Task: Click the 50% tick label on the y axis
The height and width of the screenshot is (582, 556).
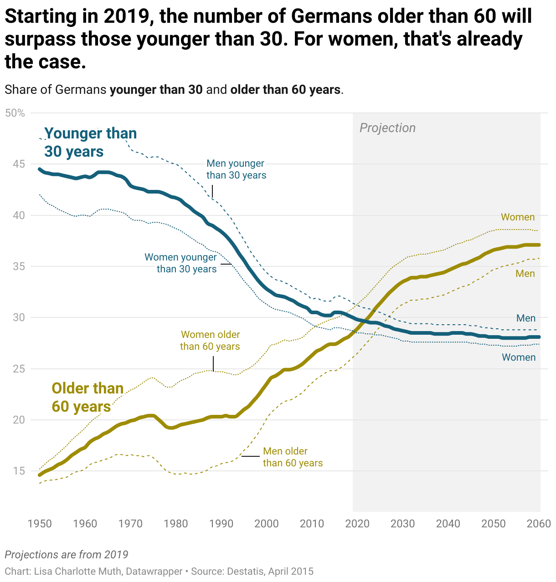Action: [15, 113]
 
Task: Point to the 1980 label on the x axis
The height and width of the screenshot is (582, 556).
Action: [176, 524]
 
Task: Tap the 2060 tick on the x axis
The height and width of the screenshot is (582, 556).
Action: [539, 524]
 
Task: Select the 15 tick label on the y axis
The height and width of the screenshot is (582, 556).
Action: [19, 471]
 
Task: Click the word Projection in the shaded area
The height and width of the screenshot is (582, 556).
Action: [387, 128]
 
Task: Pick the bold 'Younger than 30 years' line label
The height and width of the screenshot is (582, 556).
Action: [90, 142]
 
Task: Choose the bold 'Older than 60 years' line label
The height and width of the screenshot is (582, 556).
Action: [88, 397]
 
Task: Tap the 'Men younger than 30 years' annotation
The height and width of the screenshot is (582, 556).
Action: [236, 169]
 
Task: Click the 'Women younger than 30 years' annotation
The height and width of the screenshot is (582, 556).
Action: [181, 263]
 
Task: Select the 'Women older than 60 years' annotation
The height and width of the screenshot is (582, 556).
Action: [210, 341]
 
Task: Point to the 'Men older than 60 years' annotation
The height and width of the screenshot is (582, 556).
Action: [293, 457]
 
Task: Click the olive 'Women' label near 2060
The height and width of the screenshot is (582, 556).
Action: [518, 217]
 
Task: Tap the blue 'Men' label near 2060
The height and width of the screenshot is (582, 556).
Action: [525, 318]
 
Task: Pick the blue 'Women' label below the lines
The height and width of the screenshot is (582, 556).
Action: [519, 357]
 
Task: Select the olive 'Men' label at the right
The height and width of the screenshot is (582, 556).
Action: [525, 274]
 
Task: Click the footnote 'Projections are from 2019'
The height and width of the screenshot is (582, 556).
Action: [67, 555]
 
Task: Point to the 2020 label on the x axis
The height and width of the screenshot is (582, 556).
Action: [357, 524]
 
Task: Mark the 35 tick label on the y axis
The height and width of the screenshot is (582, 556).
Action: [19, 266]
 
